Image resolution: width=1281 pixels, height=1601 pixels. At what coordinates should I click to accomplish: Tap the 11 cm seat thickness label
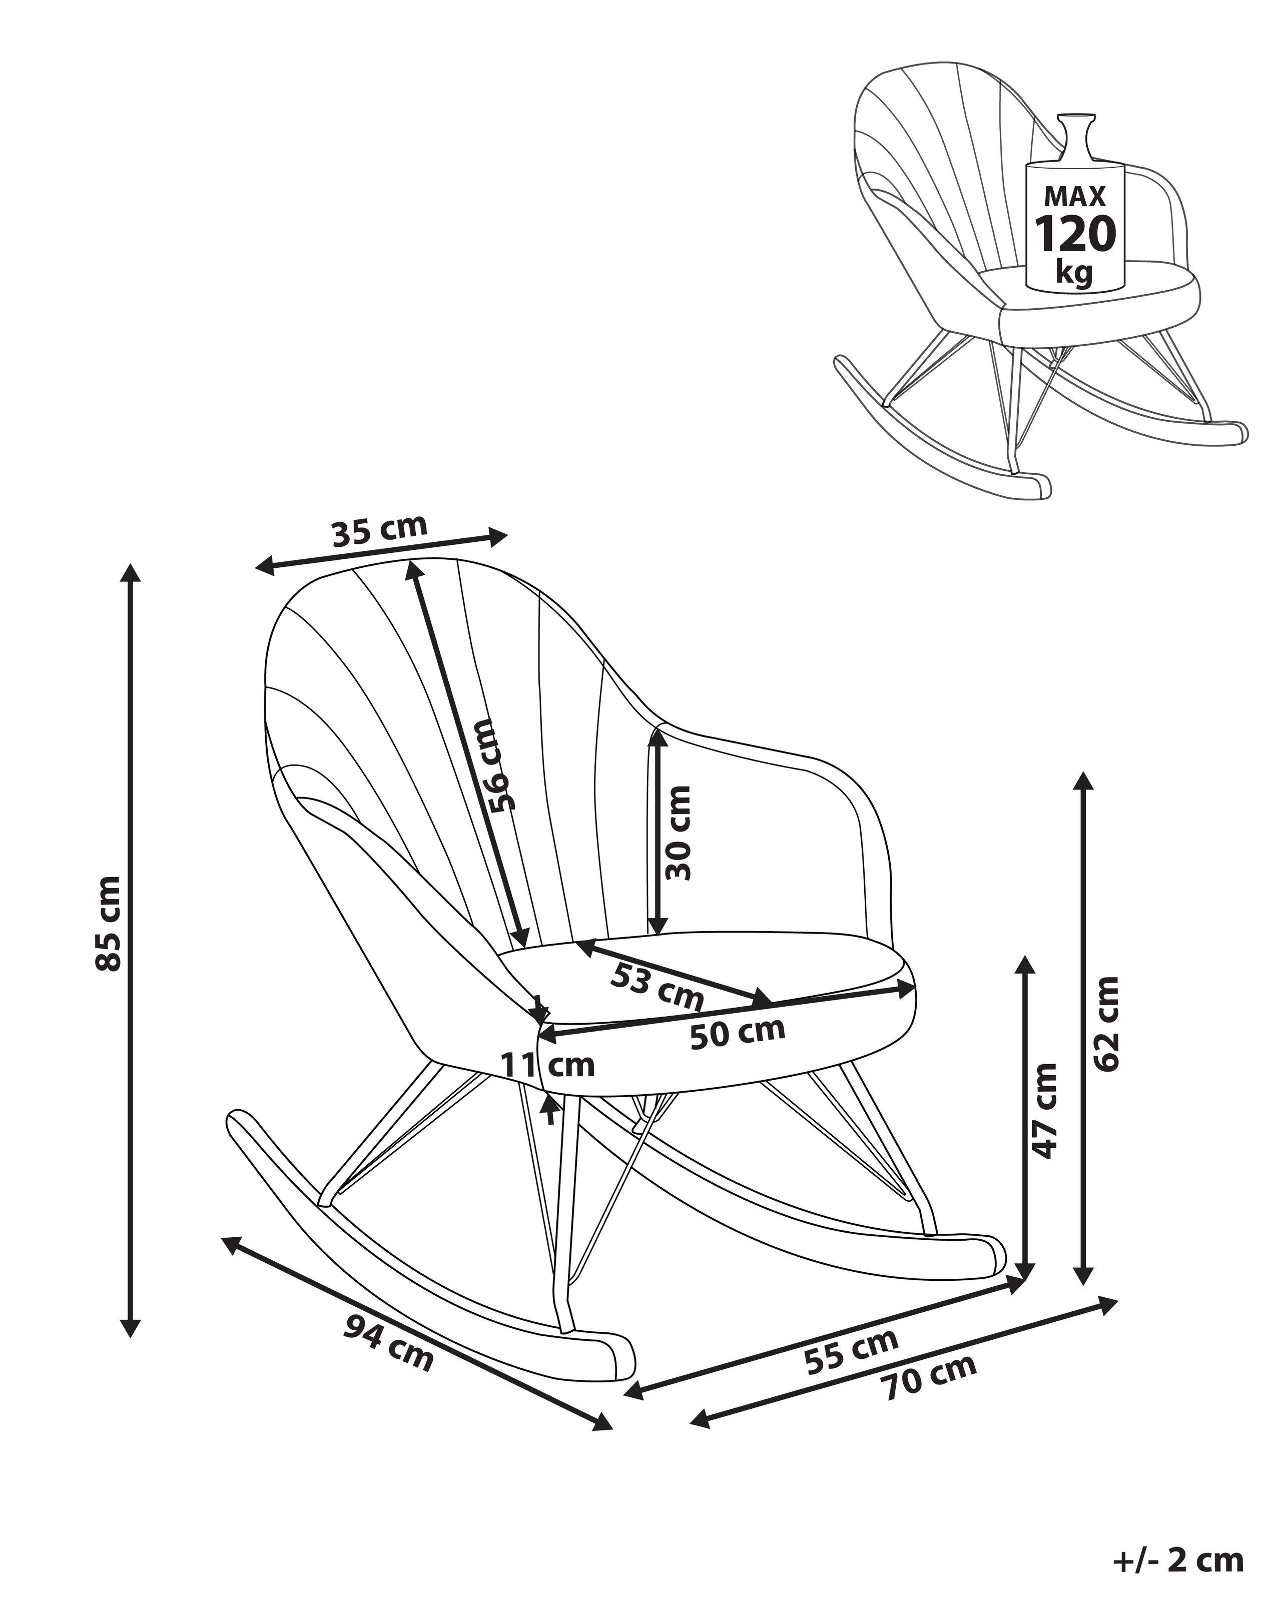point(547,1066)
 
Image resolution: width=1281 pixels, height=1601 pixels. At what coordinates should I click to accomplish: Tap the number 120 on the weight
point(1075,234)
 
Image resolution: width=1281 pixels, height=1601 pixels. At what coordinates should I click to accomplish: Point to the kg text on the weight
point(1074,273)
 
